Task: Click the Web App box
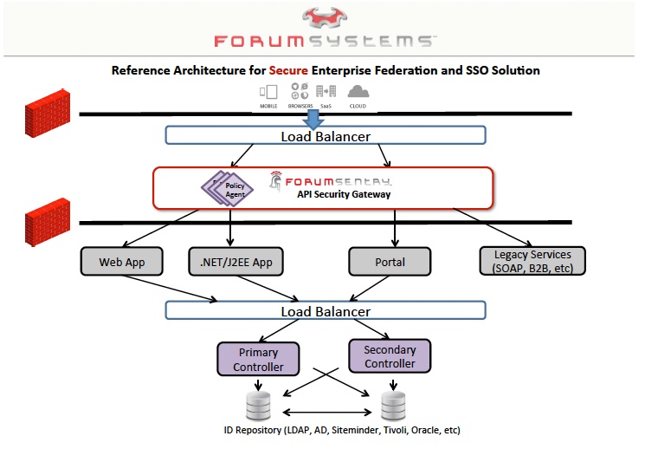coord(123,262)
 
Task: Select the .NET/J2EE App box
coord(230,262)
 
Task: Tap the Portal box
coord(390,262)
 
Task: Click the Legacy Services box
coord(532,261)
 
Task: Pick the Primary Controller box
coord(258,360)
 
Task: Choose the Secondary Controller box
coord(390,356)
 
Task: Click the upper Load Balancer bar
coord(326,136)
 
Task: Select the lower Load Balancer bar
coord(326,311)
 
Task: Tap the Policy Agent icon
coord(226,187)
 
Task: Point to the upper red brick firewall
coord(47,112)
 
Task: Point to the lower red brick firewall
coord(47,221)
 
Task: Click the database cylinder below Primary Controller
coord(258,405)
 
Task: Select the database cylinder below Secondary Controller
coord(393,405)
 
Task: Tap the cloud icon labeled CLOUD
coord(358,92)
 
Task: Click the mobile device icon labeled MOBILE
coord(269,92)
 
